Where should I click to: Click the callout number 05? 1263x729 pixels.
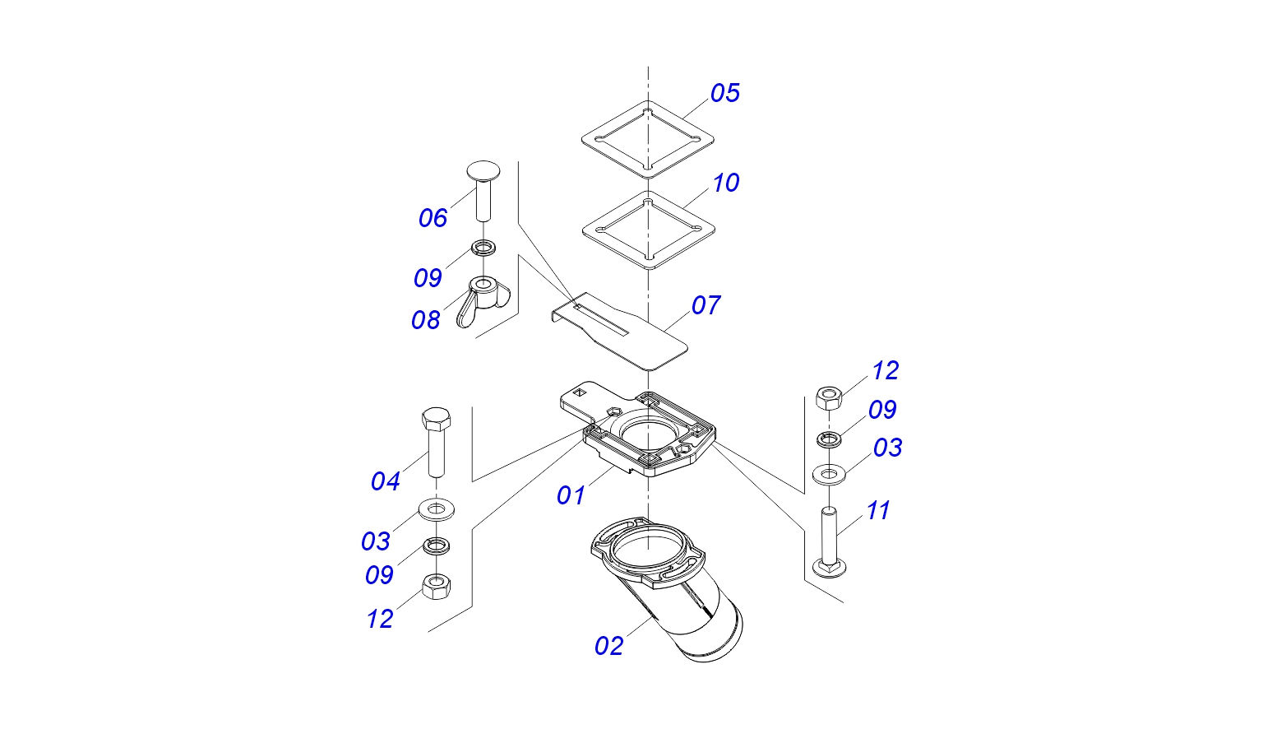tap(724, 93)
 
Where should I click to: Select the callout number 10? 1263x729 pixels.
tap(725, 183)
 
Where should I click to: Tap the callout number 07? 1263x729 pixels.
tap(706, 305)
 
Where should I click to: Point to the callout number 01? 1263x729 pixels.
tap(571, 495)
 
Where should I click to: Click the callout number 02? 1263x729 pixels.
tap(609, 646)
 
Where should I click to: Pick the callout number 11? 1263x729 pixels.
tap(878, 511)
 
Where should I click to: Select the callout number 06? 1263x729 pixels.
tap(433, 218)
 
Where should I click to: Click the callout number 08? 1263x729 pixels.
tap(426, 320)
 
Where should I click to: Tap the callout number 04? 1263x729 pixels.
tap(385, 481)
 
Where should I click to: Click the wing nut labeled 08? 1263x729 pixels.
tap(483, 299)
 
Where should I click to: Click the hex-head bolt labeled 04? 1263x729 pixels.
tap(436, 440)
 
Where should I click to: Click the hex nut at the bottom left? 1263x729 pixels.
tap(435, 587)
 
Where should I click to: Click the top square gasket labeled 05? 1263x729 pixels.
tap(647, 139)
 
